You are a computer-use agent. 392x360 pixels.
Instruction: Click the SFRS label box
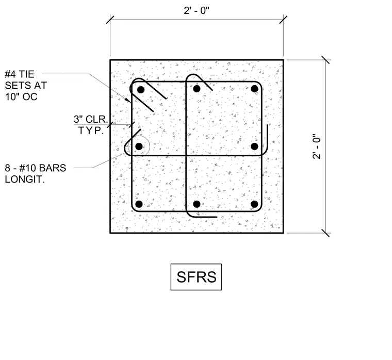coord(196,277)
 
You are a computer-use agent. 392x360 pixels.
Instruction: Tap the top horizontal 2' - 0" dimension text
coord(197,10)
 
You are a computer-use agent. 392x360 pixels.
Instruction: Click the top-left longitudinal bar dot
coord(141,90)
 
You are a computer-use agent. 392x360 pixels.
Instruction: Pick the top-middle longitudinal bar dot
coord(197,89)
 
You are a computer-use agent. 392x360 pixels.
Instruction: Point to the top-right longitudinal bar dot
coord(254,89)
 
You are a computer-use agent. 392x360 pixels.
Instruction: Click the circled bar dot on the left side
coord(139,146)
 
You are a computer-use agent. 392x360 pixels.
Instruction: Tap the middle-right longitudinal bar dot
coord(254,146)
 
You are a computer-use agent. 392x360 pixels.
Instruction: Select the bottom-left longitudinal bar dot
coord(139,204)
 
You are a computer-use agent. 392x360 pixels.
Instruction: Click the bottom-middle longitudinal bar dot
coord(197,204)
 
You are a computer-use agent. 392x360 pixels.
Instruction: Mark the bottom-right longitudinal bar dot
coord(254,204)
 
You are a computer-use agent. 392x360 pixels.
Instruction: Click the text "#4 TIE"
coord(20,74)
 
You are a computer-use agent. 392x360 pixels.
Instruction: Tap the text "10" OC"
coord(21,97)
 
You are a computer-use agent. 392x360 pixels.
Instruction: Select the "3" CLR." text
coord(91,119)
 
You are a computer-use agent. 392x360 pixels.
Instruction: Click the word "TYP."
coord(91,130)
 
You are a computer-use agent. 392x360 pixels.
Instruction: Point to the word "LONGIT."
coord(25,179)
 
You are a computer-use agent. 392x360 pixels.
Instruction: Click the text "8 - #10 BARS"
coord(36,168)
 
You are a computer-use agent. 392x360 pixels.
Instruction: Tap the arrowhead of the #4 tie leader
coord(128,100)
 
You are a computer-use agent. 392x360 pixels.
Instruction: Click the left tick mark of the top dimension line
coord(110,20)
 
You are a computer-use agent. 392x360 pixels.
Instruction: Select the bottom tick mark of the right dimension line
coord(325,233)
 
